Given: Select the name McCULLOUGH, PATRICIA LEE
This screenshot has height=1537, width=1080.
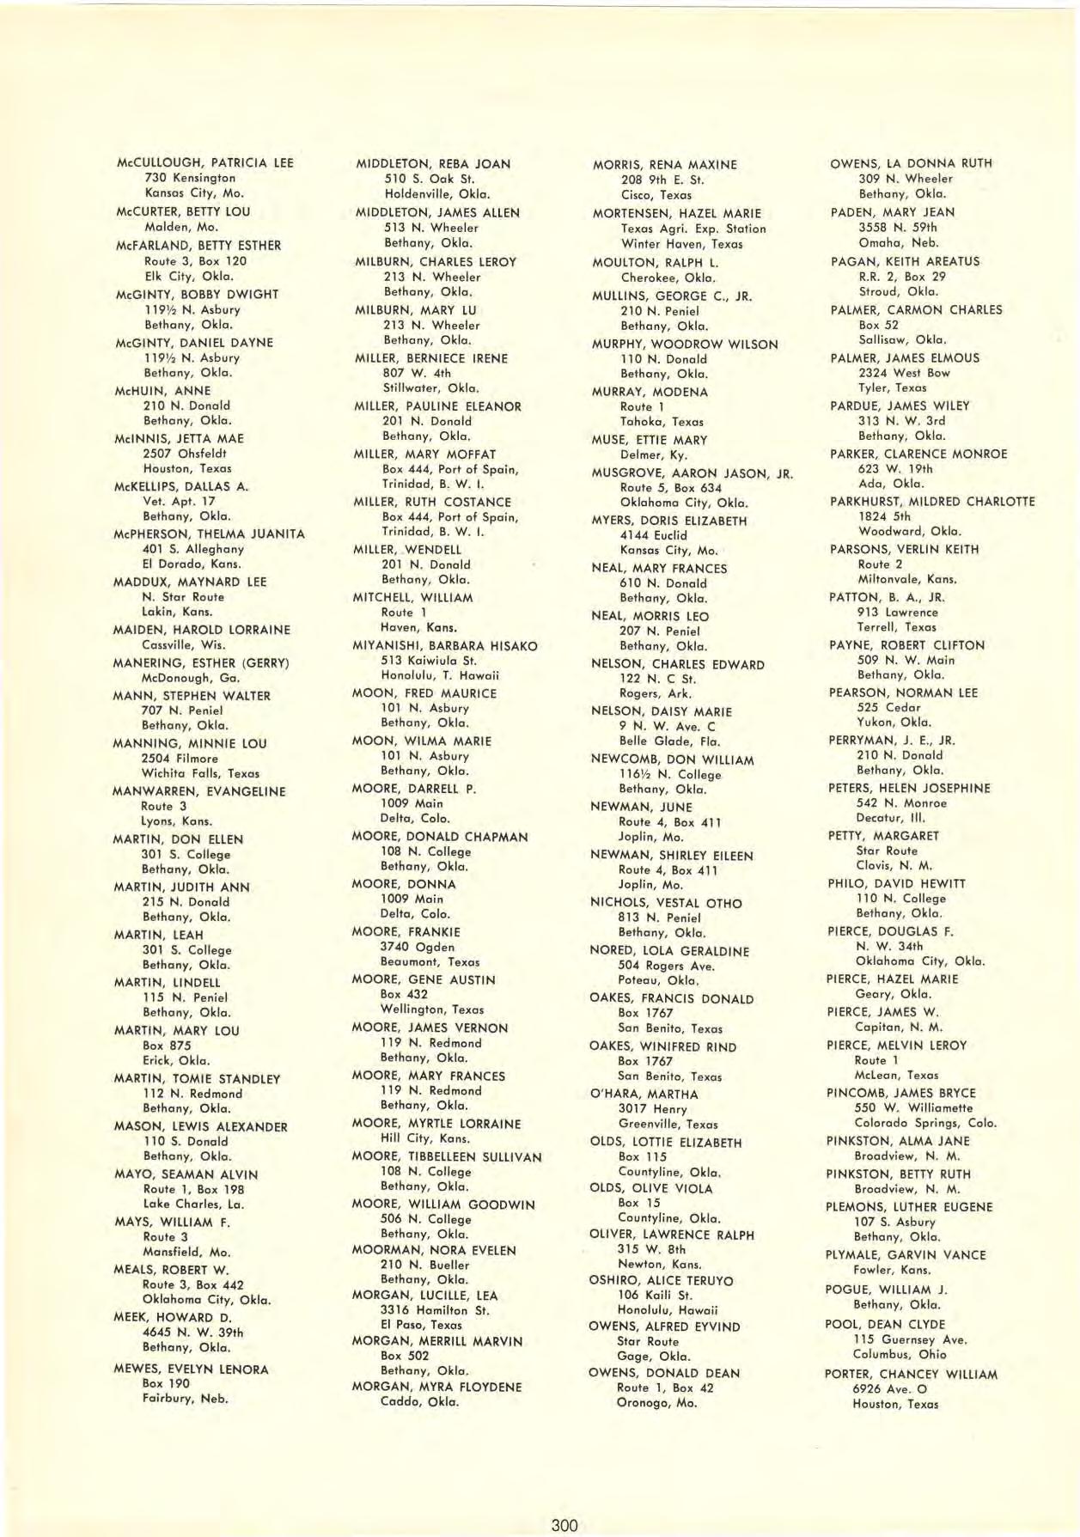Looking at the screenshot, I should [x=204, y=162].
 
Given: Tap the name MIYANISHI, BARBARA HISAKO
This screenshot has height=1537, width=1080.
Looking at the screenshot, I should [x=445, y=645].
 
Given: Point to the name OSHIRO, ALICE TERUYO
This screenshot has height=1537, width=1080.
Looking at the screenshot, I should [x=661, y=1280].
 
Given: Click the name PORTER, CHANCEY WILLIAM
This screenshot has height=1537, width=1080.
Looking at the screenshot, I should [x=911, y=1374].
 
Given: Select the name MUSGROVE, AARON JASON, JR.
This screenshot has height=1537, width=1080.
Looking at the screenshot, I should [x=692, y=473].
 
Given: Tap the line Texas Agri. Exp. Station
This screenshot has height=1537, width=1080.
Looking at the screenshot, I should [x=693, y=229].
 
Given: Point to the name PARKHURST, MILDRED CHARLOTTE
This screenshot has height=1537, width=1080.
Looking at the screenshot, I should [x=932, y=501].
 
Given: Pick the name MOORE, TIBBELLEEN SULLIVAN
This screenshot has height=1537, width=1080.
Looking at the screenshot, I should [x=447, y=1157].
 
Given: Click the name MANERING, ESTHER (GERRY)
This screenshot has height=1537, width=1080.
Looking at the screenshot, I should [x=201, y=663].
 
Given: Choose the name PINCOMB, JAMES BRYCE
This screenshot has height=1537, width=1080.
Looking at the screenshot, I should [x=901, y=1093].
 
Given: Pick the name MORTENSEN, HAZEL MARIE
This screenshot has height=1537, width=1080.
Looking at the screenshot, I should [x=677, y=213].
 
